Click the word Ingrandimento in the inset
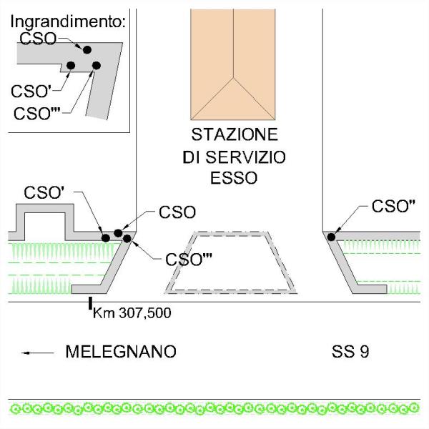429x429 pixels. tap(68, 21)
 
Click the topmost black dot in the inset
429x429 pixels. tap(87, 49)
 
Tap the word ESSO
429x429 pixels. tap(234, 178)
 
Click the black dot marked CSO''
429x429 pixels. tap(332, 237)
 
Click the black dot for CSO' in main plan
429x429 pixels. tap(106, 237)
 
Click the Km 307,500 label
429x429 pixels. tap(132, 312)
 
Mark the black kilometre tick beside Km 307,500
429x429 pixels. tap(89, 305)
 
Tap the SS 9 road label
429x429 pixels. tap(350, 352)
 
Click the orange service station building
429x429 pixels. tap(233, 64)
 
